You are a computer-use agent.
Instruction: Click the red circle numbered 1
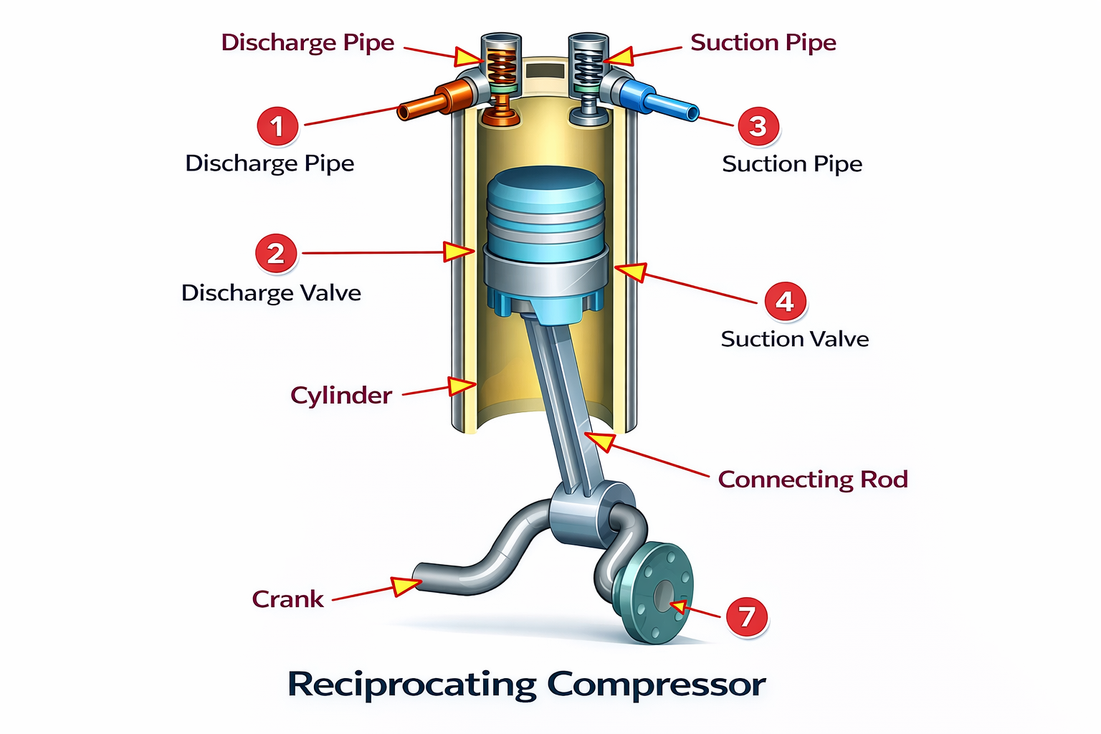pos(277,126)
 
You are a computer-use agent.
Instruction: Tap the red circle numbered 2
pos(276,253)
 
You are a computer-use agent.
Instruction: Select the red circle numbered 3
pos(758,126)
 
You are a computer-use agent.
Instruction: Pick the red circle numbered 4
pos(785,301)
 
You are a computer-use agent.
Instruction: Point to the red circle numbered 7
pos(747,616)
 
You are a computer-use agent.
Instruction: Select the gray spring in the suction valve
pos(588,69)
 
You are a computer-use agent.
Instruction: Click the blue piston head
pos(546,208)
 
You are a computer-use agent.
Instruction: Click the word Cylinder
pos(341,396)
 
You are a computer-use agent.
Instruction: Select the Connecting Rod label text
pos(813,479)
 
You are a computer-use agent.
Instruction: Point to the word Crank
pos(287,599)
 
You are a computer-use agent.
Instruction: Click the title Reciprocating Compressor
pos(527,684)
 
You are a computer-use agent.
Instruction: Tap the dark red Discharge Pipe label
pos(308,42)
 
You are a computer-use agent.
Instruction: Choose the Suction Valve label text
pos(794,339)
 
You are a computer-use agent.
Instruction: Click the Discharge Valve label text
pos(271,293)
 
